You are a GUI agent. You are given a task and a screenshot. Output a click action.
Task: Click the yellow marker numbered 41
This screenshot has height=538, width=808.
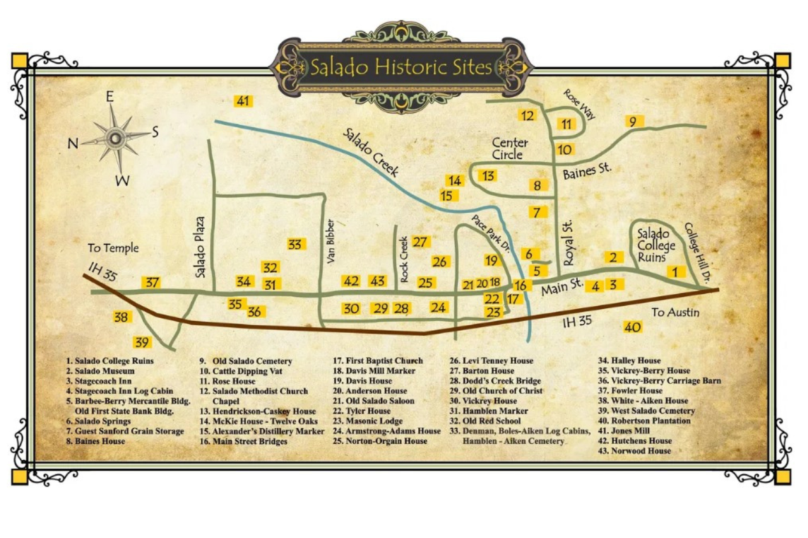243,101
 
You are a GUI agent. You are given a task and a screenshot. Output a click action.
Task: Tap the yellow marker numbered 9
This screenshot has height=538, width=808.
634,121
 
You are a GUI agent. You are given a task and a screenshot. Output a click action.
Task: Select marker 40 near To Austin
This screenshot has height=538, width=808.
633,327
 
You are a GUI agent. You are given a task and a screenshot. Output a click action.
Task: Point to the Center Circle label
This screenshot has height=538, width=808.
509,149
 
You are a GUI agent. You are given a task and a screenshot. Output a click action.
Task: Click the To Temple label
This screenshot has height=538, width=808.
113,248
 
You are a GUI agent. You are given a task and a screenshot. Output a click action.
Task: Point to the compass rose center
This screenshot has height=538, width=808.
116,137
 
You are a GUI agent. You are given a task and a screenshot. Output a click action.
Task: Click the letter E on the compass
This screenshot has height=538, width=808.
109,96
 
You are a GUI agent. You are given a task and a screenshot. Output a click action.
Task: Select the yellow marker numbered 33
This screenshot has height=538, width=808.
295,244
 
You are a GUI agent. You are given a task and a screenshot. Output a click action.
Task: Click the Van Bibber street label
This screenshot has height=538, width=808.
330,241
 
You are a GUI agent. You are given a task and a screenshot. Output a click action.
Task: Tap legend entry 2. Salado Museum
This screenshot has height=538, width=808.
100,371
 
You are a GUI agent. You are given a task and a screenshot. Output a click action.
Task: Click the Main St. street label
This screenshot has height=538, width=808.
561,286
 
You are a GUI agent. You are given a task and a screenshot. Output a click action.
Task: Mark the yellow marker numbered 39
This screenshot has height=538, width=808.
142,342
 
